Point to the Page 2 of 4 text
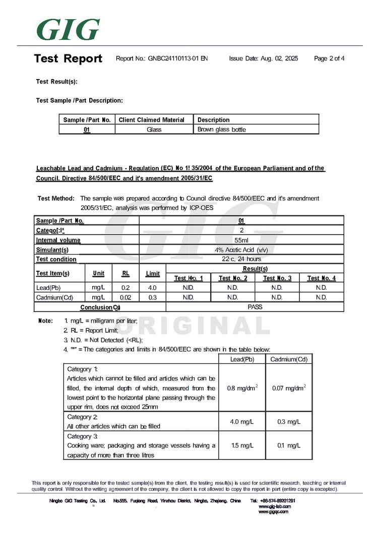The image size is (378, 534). (x=329, y=58)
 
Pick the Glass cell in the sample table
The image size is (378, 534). (x=154, y=129)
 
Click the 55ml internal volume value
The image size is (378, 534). (x=241, y=240)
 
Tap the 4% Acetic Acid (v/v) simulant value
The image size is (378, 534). (x=241, y=250)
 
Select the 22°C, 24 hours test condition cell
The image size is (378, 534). (x=241, y=259)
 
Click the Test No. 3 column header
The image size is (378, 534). (x=277, y=278)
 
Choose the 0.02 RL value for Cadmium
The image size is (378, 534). (x=126, y=297)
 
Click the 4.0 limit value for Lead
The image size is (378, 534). (x=152, y=288)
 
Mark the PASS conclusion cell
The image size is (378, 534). (x=255, y=307)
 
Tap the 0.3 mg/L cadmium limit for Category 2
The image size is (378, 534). (x=289, y=421)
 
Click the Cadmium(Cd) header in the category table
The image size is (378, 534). (x=289, y=359)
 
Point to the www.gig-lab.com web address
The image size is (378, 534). (x=273, y=506)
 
